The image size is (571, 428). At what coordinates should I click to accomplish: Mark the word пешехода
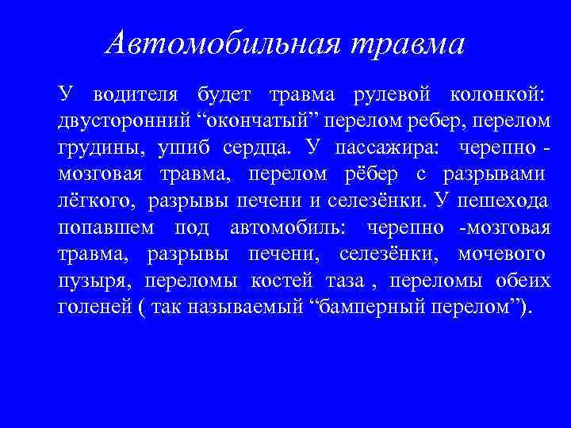tap(505, 201)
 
